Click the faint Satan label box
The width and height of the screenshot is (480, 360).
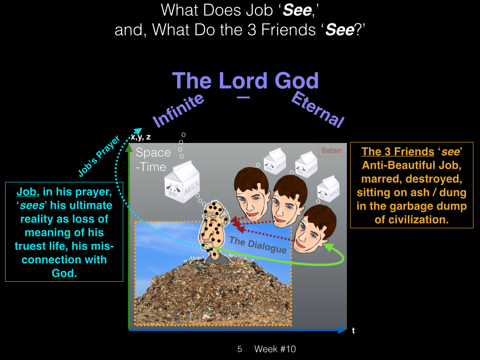331,150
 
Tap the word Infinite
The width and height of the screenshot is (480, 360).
178,110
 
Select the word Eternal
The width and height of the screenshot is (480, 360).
318,109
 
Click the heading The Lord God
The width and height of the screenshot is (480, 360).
246,81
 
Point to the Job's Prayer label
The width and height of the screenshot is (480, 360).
98,156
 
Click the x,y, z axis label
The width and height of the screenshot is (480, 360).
141,137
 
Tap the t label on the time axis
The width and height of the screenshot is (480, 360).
353,330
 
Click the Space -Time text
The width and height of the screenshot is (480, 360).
153,159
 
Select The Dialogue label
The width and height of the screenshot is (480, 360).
258,245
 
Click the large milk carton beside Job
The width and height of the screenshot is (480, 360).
183,182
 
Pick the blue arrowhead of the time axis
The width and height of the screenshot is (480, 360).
342,330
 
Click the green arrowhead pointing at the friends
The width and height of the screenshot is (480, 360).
329,247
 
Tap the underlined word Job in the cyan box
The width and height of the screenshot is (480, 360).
26,192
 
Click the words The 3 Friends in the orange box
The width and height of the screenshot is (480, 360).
397,151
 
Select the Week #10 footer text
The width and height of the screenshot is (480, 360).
275,349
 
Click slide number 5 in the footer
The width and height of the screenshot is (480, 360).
240,349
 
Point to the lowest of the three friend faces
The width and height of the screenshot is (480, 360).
314,229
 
